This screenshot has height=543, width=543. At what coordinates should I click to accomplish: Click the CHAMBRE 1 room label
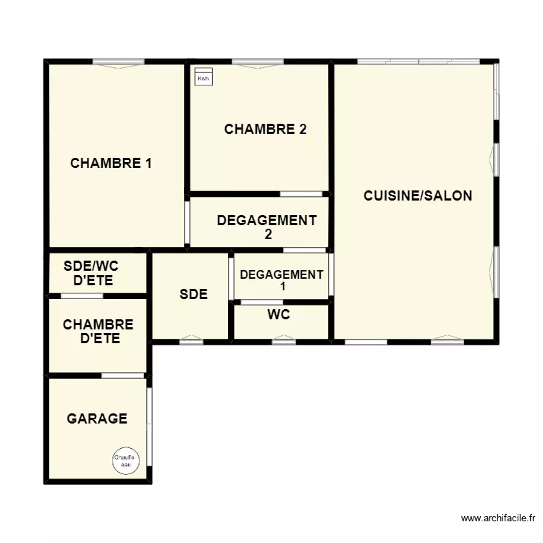click(x=111, y=164)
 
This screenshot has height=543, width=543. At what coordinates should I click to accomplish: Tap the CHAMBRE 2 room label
click(x=265, y=130)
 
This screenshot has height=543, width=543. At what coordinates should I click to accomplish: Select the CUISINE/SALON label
click(x=418, y=195)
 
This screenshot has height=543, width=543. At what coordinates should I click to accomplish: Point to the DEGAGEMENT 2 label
click(x=266, y=227)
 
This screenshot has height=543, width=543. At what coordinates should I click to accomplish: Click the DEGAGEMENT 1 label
click(x=281, y=280)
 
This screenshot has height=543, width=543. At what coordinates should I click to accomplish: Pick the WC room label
click(x=279, y=315)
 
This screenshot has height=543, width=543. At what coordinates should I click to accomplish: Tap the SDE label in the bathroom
click(x=193, y=295)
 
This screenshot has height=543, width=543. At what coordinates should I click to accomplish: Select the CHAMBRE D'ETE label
click(x=98, y=332)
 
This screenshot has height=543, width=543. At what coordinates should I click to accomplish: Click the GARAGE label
click(x=97, y=418)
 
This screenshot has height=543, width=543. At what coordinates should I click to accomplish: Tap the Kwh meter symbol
click(x=203, y=77)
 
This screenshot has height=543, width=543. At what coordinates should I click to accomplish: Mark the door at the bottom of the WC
click(x=283, y=340)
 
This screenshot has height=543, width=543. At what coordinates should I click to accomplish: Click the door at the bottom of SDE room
click(x=191, y=340)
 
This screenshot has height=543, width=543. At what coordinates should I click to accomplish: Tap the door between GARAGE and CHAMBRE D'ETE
click(x=122, y=375)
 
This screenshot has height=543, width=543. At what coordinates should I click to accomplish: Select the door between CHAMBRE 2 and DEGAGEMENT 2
click(x=301, y=194)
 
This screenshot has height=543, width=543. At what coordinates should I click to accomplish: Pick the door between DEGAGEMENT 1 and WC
click(x=262, y=302)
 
